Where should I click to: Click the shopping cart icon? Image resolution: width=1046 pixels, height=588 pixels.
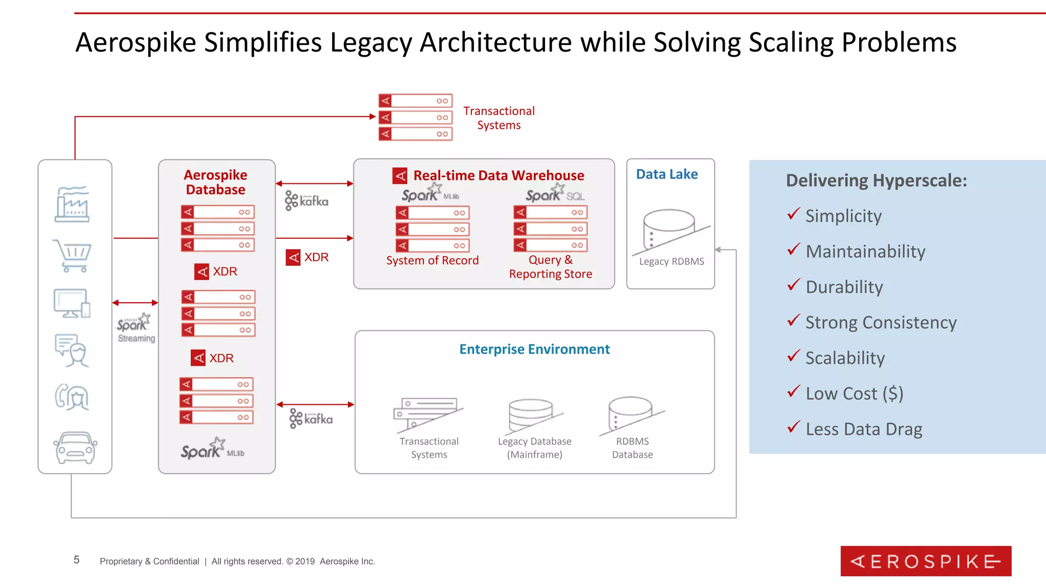(73, 255)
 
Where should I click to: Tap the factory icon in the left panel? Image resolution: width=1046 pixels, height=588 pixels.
(72, 204)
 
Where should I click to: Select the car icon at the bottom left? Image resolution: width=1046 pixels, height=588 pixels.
(75, 448)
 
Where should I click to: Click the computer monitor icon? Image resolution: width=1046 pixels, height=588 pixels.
(72, 303)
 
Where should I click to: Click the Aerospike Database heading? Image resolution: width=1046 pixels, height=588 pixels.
(216, 182)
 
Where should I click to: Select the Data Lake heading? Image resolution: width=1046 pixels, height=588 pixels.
(667, 174)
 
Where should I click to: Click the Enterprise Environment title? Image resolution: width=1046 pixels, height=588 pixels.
(534, 349)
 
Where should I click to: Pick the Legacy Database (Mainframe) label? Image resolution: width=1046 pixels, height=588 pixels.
(534, 448)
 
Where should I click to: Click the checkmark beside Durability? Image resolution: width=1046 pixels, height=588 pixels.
(793, 285)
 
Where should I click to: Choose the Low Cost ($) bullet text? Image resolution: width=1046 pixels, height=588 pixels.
(854, 394)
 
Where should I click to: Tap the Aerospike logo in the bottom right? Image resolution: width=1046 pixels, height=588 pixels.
(925, 561)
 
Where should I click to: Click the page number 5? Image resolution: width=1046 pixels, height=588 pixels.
(77, 560)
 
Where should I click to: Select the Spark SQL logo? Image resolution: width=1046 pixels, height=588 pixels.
(555, 194)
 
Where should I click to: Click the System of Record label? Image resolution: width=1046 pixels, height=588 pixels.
(432, 260)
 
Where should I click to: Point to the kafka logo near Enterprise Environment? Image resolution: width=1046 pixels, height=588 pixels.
(311, 419)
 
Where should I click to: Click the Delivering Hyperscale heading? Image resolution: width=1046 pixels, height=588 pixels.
(876, 180)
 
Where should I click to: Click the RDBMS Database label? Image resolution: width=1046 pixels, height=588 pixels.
(632, 448)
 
